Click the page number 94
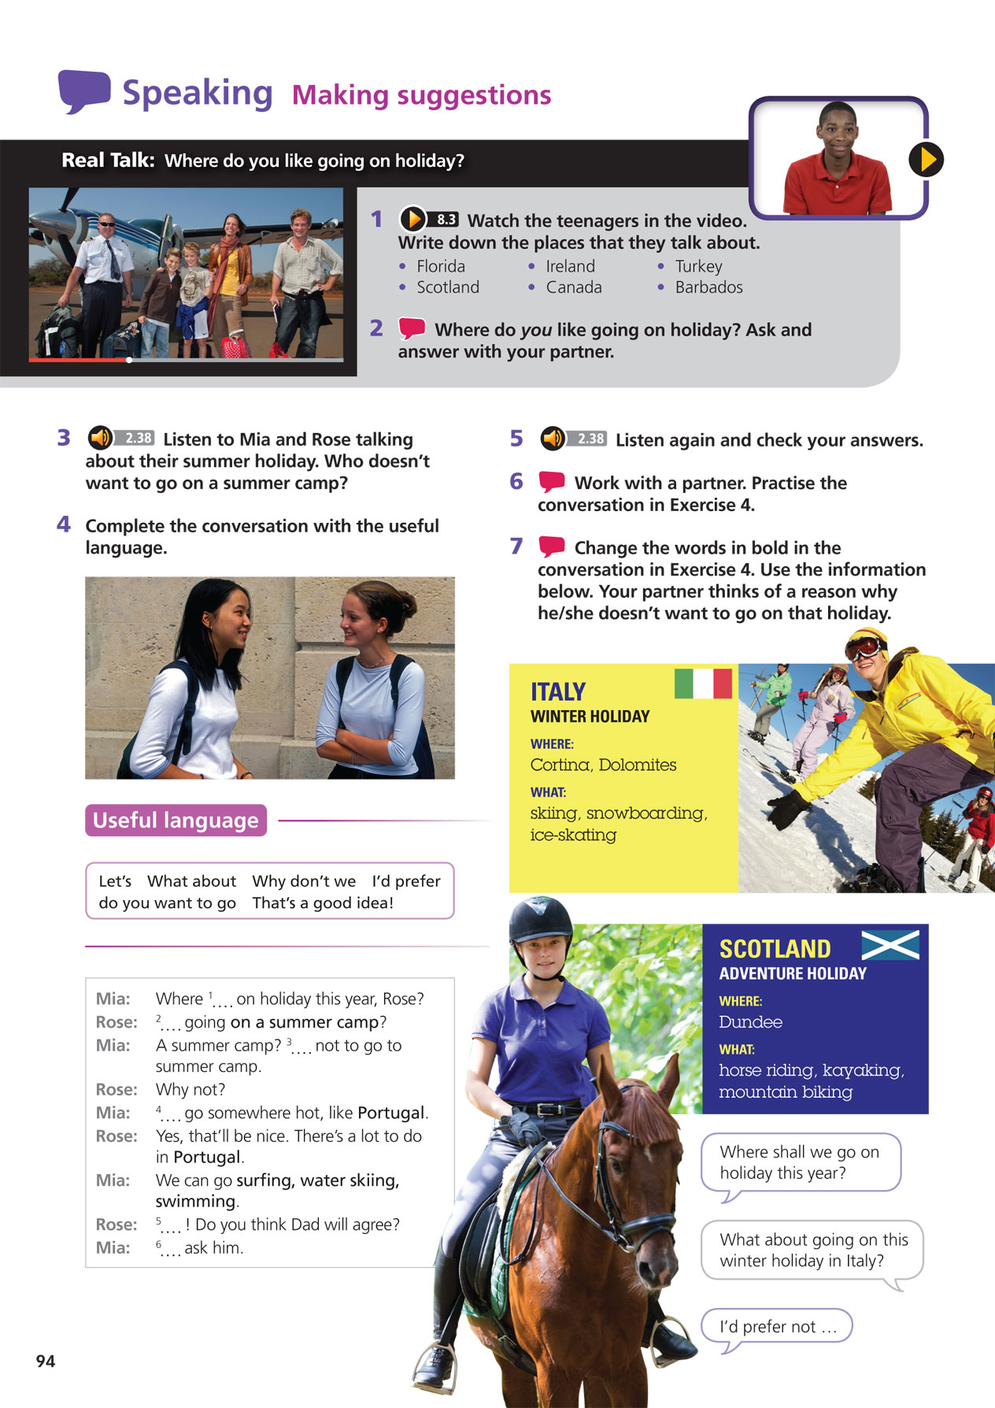coord(46,1361)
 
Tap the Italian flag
coord(703,684)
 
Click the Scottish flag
coord(890,944)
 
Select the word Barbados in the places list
coord(708,287)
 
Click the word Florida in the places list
coord(441,266)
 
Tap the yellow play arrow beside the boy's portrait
coord(927,160)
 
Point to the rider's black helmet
coord(540,918)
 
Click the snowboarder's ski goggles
coord(864,647)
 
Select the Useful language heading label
coord(176,821)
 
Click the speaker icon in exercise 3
coord(100,438)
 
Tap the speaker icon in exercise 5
coord(553,439)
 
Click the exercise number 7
coord(516,547)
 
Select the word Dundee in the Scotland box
coord(750,1022)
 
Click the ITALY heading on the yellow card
coord(557,691)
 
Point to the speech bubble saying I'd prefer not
coord(777,1327)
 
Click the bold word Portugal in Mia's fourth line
coord(391,1113)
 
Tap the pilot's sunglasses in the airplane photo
coord(107,225)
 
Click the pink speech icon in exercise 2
coord(412,328)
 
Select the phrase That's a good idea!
coord(323,903)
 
